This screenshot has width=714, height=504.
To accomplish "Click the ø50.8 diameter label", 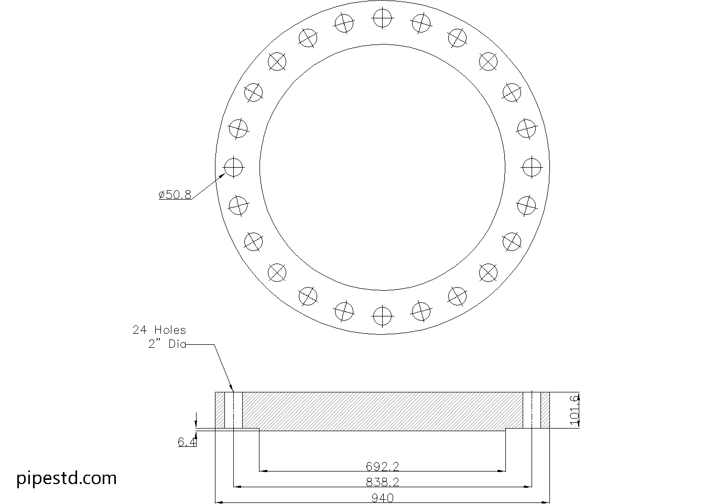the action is coord(175,194).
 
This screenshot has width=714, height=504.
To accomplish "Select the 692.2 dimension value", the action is coord(382,466).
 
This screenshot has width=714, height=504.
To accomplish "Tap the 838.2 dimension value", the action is coord(382,482).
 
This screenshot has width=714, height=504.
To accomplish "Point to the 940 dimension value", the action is coord(383,498).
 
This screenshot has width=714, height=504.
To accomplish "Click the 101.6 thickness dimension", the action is coord(574,410).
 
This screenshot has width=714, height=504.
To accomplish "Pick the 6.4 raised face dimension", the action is coord(187,442).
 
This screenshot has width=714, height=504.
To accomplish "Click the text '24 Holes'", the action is coord(159,330).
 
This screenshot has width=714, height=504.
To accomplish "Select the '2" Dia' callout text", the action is coord(167,344).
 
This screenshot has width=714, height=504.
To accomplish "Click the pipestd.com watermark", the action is coord(66,478).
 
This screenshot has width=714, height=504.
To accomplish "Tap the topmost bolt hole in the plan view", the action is coord(382,18).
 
